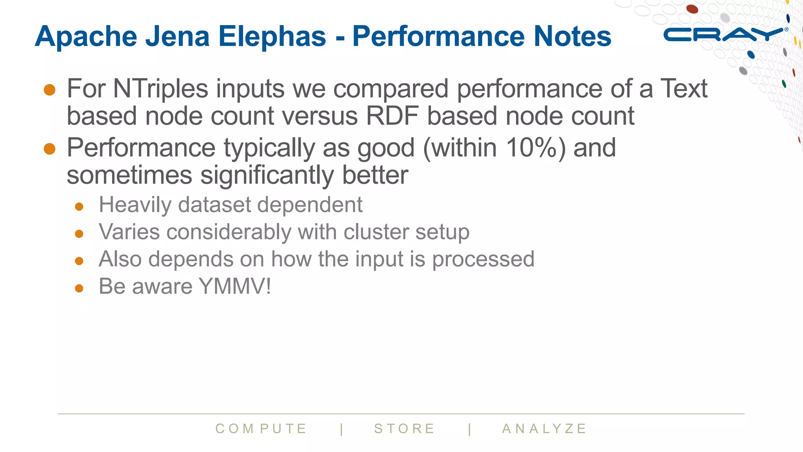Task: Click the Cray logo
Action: (x=723, y=35)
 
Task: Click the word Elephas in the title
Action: (x=272, y=36)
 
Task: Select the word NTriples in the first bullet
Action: (x=160, y=89)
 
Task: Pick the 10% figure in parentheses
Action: (x=532, y=148)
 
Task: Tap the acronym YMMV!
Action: (x=235, y=286)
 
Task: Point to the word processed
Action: (x=483, y=259)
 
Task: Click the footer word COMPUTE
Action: (x=261, y=428)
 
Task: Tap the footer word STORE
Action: (x=404, y=428)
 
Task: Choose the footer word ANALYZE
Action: (x=544, y=428)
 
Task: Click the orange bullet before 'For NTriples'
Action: (x=50, y=89)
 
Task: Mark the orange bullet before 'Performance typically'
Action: (x=50, y=149)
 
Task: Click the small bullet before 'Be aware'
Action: (x=79, y=288)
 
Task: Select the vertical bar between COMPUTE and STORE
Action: (x=342, y=429)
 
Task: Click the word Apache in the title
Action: (x=86, y=36)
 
